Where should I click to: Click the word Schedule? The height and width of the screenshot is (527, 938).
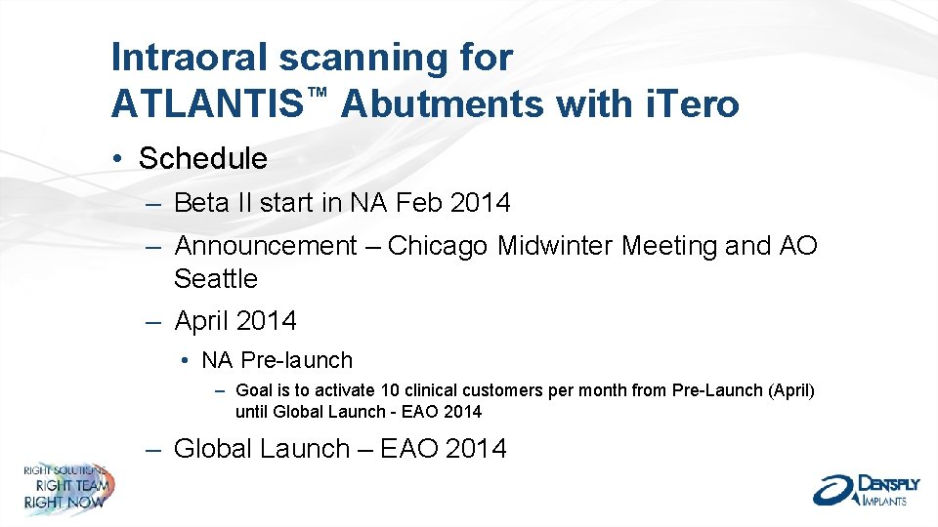pos(202,158)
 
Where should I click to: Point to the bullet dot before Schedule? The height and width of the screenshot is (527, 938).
pos(116,159)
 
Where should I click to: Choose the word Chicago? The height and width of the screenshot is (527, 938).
pos(438,246)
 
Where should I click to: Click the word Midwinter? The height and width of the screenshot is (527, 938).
pos(555,246)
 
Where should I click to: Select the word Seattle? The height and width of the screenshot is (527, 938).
pos(216,279)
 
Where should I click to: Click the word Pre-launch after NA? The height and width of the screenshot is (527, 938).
pos(296,360)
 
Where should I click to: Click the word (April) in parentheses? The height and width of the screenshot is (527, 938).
pos(791,390)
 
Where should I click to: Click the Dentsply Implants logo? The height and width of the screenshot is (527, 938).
pos(861,489)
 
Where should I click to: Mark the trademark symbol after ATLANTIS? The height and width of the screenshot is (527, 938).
pos(315,91)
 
